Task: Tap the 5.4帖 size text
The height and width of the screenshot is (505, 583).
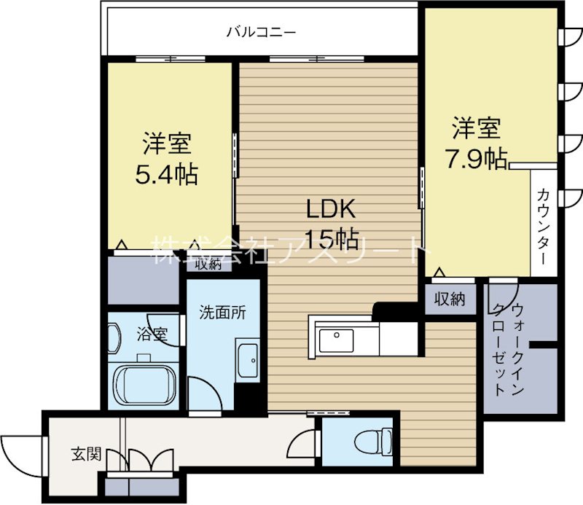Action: coord(167,175)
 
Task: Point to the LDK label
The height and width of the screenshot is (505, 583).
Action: coord(329,210)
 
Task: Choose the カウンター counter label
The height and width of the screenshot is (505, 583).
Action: coord(543,225)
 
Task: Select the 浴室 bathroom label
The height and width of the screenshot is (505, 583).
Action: coord(153,335)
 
